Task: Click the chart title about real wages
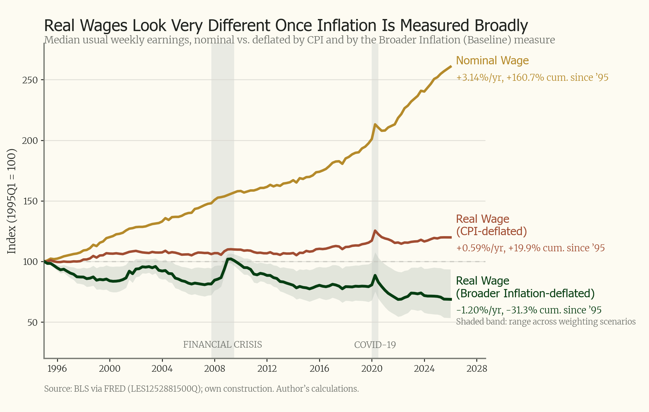coord(286,26)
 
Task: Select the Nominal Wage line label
coord(492,60)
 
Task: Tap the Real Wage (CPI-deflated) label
coord(491,225)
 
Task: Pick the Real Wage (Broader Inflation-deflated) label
coord(525,287)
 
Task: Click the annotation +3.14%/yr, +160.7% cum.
coord(532,77)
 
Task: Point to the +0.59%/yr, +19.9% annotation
coord(530,248)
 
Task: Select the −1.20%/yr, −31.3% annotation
coord(529,310)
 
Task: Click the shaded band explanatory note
coord(546,322)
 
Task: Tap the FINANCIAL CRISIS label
coord(222,344)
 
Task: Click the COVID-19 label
coord(375,345)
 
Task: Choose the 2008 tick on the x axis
coord(215,369)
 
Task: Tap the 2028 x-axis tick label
coord(477,369)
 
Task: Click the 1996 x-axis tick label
coord(57,369)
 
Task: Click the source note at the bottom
coord(202,389)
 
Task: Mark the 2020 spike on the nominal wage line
coord(375,125)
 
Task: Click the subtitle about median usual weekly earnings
coord(299,40)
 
